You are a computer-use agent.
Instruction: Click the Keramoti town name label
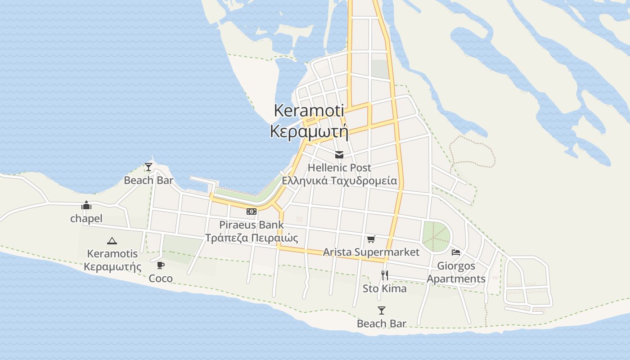pyautogui.click(x=309, y=110)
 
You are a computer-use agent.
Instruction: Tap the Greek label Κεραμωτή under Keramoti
pyautogui.click(x=309, y=131)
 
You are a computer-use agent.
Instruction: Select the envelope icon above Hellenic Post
pyautogui.click(x=339, y=155)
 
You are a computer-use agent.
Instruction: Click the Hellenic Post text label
pyautogui.click(x=339, y=168)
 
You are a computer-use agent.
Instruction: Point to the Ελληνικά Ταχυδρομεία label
pyautogui.click(x=339, y=181)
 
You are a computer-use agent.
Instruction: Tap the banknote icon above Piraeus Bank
pyautogui.click(x=252, y=211)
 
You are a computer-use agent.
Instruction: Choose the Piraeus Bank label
pyautogui.click(x=252, y=225)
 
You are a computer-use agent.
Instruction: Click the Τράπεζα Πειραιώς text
pyautogui.click(x=252, y=238)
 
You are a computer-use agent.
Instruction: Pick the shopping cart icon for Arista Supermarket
pyautogui.click(x=371, y=239)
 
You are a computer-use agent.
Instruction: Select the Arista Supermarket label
pyautogui.click(x=371, y=252)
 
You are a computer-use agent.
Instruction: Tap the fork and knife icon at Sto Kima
pyautogui.click(x=385, y=275)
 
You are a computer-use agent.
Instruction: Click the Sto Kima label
pyautogui.click(x=385, y=288)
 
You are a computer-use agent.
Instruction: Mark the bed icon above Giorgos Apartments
pyautogui.click(x=456, y=252)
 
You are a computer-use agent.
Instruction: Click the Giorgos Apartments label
pyautogui.click(x=456, y=272)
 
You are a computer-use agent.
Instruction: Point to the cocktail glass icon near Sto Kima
pyautogui.click(x=382, y=310)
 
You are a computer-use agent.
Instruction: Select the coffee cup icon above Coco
pyautogui.click(x=161, y=265)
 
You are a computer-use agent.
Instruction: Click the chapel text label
pyautogui.click(x=86, y=219)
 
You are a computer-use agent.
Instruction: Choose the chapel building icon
pyautogui.click(x=86, y=206)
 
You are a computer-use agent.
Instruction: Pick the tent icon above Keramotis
pyautogui.click(x=112, y=241)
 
